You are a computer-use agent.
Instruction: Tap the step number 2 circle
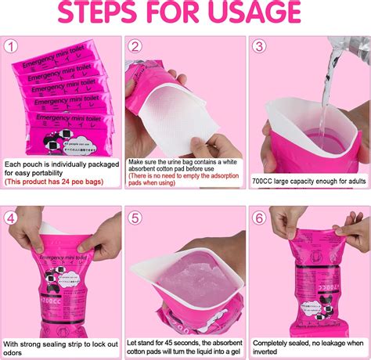click(135, 47)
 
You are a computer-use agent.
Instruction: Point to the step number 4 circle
click(12, 218)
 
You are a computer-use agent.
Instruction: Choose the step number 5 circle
click(135, 218)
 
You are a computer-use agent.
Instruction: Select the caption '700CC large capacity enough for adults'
click(308, 181)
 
